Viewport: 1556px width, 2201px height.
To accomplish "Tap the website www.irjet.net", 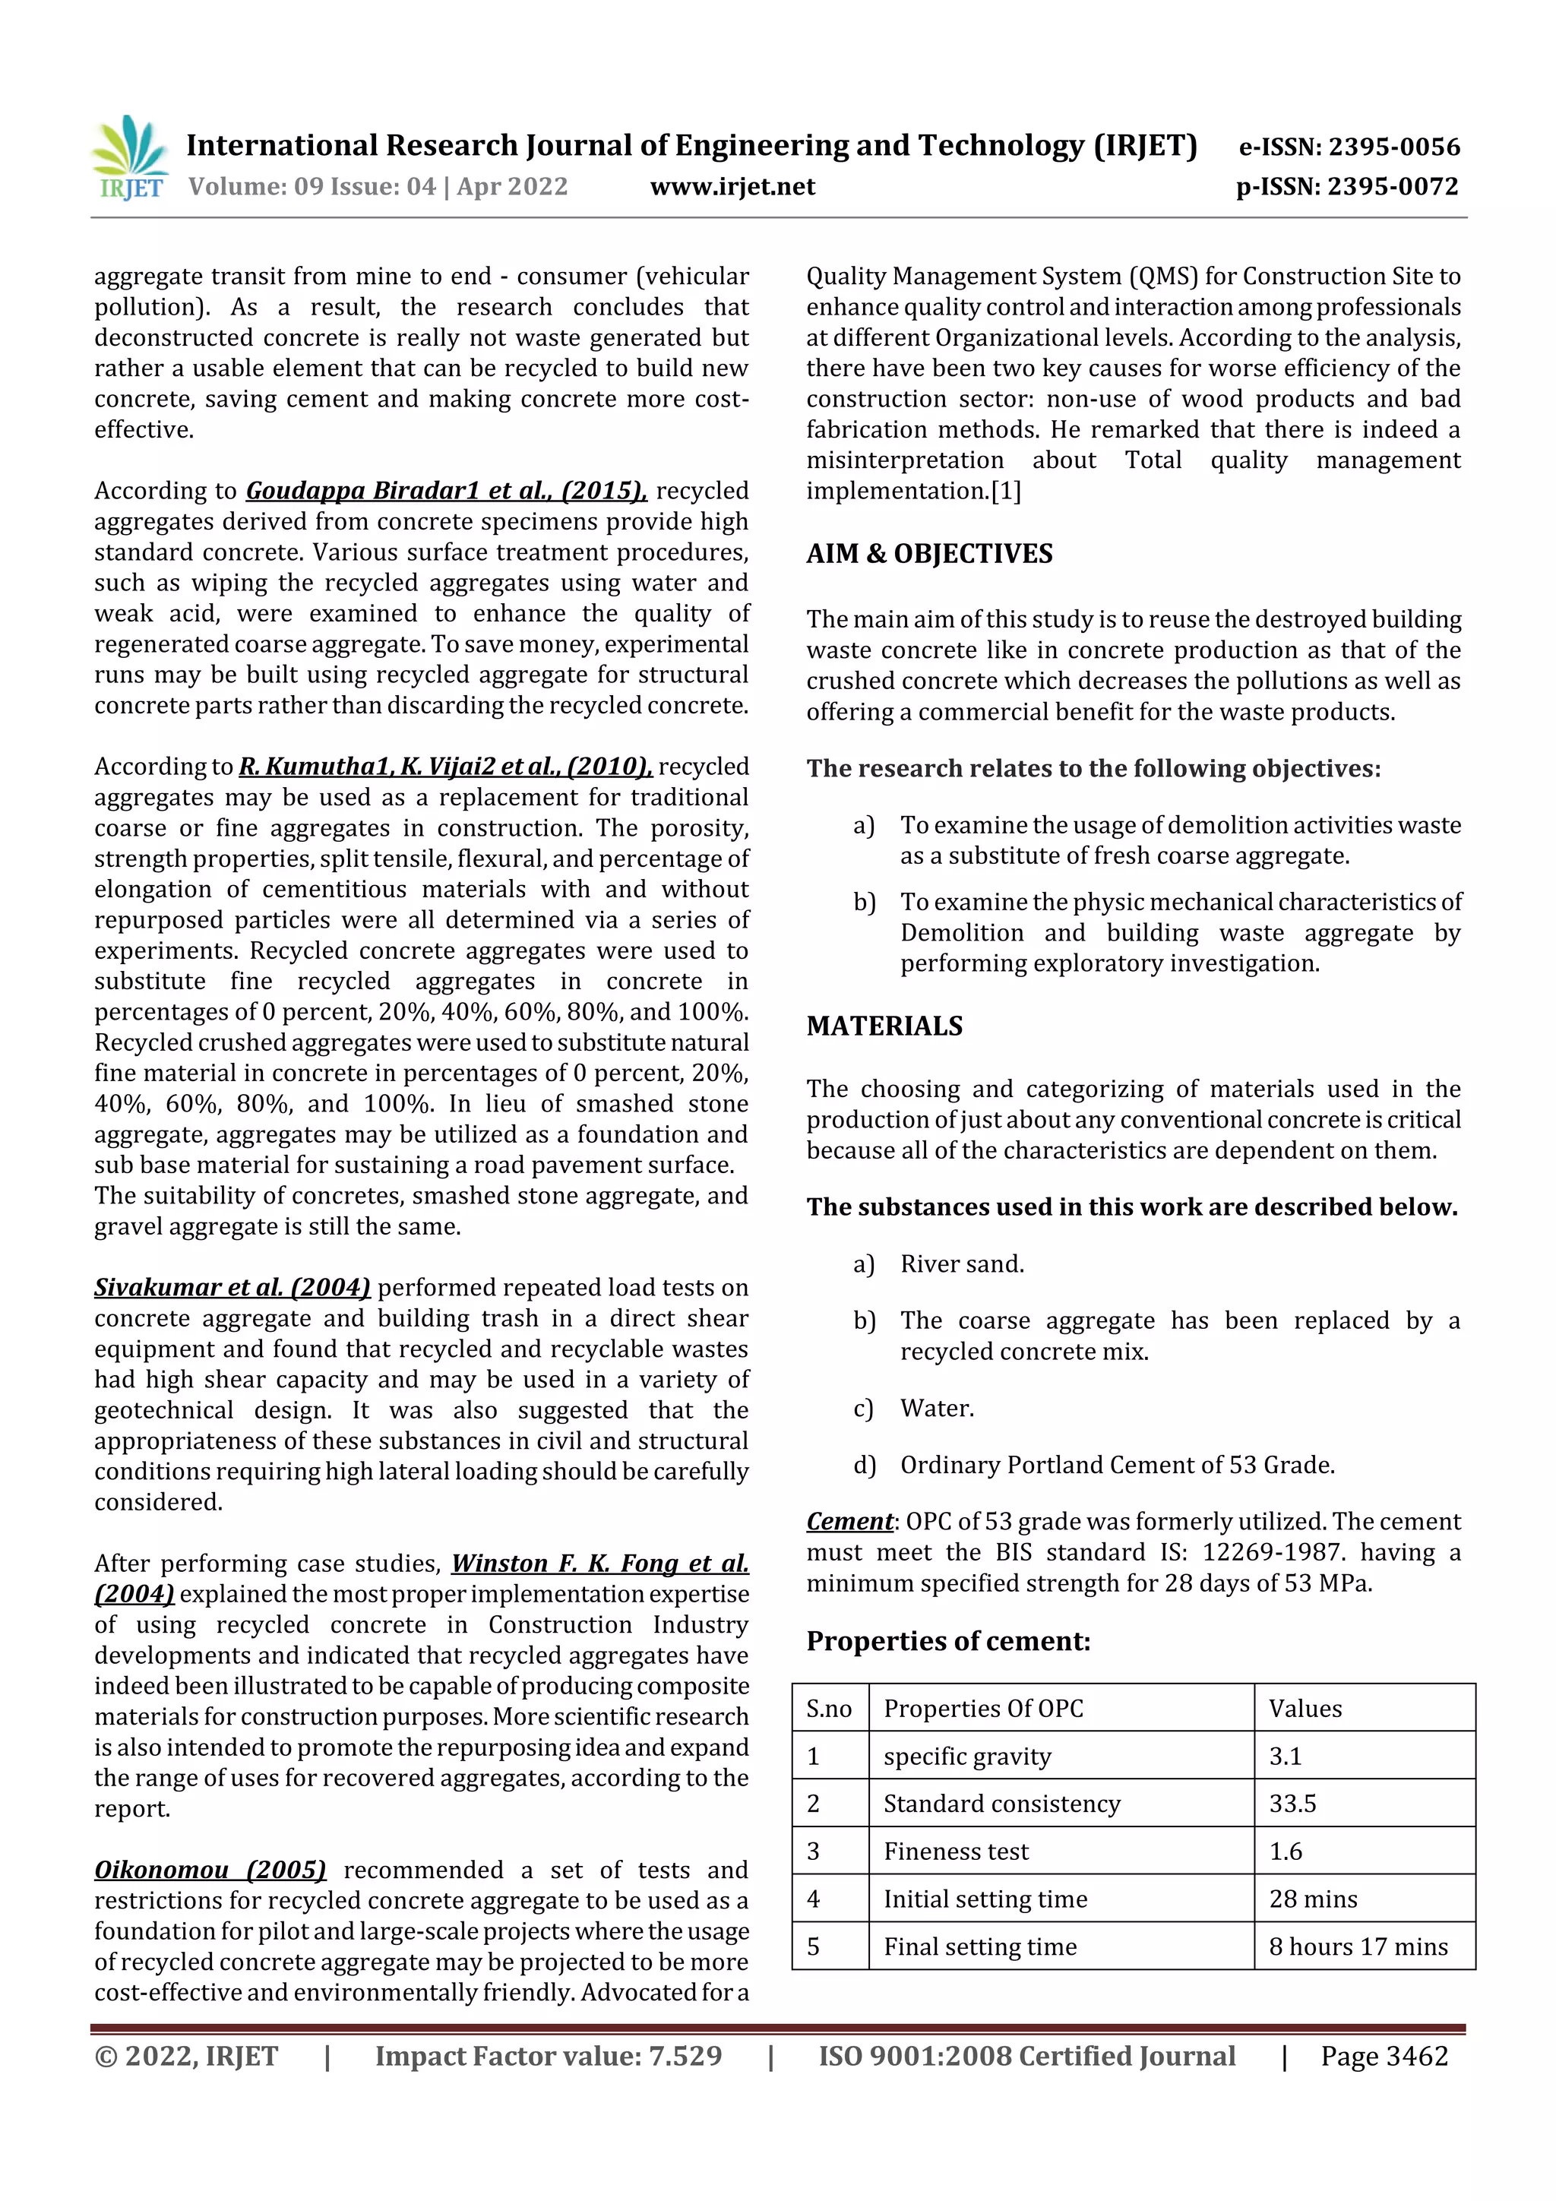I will (x=732, y=187).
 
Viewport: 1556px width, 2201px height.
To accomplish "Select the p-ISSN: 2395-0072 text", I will (x=1347, y=187).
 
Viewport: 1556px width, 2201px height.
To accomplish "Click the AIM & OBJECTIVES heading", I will (x=929, y=554).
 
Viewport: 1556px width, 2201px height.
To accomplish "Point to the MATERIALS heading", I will (x=884, y=1026).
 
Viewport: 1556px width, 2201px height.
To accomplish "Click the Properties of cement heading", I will (x=947, y=1641).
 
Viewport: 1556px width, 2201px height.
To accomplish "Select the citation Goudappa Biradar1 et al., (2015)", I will (x=447, y=491).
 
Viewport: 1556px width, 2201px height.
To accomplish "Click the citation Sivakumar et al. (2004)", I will (x=232, y=1288).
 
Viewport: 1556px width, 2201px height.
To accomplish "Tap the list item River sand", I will (x=962, y=1263).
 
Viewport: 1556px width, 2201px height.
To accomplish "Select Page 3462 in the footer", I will (x=1384, y=2055).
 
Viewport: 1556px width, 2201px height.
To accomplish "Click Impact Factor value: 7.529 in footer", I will (x=549, y=2055).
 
